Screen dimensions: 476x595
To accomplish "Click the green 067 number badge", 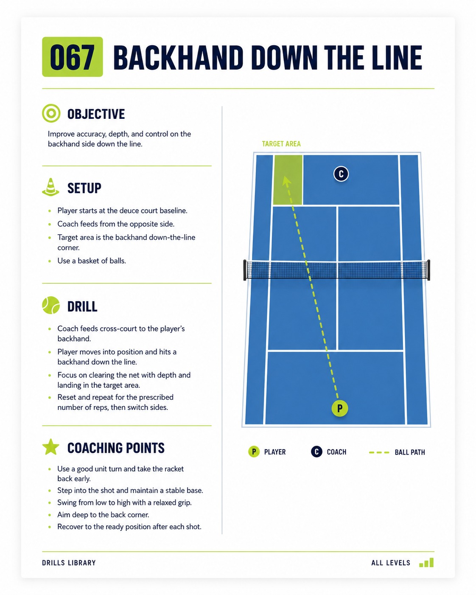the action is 73,57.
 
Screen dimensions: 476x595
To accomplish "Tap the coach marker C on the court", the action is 341,174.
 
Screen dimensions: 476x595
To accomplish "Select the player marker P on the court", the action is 340,408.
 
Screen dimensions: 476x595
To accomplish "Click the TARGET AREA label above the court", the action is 281,144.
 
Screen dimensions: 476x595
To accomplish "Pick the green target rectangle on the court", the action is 288,180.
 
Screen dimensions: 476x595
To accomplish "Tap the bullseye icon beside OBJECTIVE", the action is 51,113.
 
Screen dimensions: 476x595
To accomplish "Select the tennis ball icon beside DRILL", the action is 51,305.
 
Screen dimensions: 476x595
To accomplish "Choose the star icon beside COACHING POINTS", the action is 50,447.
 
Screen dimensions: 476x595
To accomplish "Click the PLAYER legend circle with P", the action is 254,452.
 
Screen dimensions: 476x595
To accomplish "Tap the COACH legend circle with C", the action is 316,452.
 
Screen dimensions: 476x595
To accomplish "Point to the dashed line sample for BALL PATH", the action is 379,452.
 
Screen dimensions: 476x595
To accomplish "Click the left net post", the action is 245,270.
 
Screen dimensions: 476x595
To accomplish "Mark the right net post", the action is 428,270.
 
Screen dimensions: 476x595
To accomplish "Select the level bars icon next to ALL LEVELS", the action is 426,562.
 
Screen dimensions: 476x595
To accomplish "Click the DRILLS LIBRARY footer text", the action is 69,563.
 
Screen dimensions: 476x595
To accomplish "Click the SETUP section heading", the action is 84,188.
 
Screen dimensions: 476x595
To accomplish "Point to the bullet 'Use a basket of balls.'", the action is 92,261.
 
